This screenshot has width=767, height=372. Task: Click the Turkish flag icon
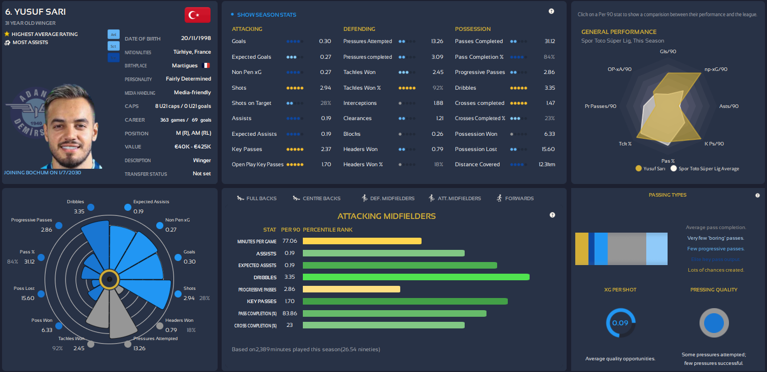pos(197,15)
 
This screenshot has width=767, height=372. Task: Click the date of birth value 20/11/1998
pos(196,38)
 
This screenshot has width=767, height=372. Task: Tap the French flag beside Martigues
pos(205,65)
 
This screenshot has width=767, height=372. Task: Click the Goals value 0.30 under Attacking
pos(325,42)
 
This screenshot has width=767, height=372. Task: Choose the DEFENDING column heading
pos(359,29)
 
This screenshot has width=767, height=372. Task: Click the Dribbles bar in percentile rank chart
pos(416,277)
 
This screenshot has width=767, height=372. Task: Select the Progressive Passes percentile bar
pos(351,289)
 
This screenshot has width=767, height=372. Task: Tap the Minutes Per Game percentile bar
pos(362,241)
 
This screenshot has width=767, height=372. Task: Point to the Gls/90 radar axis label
pos(668,51)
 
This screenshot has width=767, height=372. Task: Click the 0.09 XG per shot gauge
pos(620,323)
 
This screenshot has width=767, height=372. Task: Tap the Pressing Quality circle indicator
pos(714,323)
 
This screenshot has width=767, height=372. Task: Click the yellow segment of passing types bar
pos(581,249)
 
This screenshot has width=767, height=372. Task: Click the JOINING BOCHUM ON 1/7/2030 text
pos(42,172)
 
